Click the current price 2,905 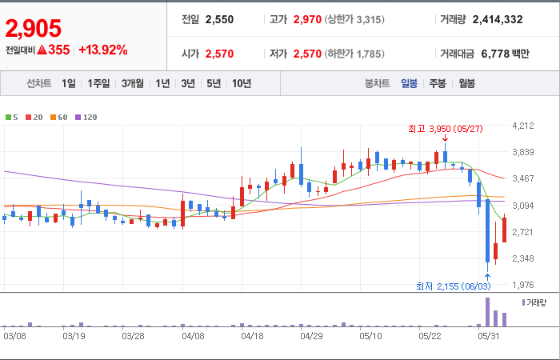tap(34, 29)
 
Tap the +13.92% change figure tap(103, 50)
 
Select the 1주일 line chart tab tap(98, 83)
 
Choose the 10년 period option tap(242, 83)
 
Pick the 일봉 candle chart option tap(409, 83)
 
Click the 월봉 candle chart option tap(466, 83)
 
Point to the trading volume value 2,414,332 tap(498, 19)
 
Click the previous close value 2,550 tap(219, 19)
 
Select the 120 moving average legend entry tap(86, 117)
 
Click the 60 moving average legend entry tap(59, 117)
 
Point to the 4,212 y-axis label tap(523, 126)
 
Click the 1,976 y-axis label tap(523, 285)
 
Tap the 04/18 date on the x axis tap(252, 336)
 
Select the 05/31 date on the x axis tap(490, 336)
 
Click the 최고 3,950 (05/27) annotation tap(445, 129)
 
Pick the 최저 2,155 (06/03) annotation tap(454, 286)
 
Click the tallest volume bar tap(487, 312)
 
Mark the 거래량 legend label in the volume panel tap(534, 303)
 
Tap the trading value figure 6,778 tap(495, 54)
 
